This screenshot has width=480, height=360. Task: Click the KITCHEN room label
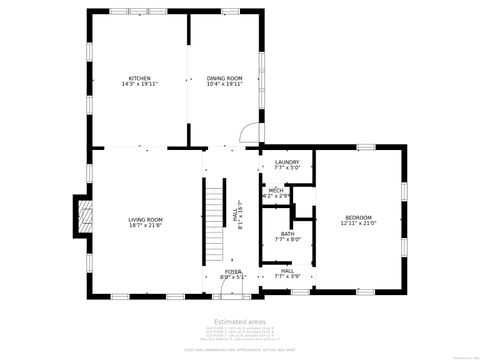pyautogui.click(x=139, y=78)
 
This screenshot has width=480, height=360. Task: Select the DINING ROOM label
pyautogui.click(x=224, y=78)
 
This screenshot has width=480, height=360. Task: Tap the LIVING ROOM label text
pyautogui.click(x=145, y=219)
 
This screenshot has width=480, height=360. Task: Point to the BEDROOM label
pyautogui.click(x=358, y=218)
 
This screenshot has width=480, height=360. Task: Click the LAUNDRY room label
pyautogui.click(x=287, y=161)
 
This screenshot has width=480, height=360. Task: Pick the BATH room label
pyautogui.click(x=287, y=234)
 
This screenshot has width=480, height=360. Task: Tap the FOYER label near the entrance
pyautogui.click(x=232, y=271)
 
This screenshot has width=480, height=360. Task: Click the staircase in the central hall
pyautogui.click(x=213, y=219)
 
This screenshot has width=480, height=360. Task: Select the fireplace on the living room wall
pyautogui.click(x=84, y=213)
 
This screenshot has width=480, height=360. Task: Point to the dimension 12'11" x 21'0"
pyautogui.click(x=358, y=224)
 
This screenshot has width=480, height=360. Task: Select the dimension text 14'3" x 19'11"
pyautogui.click(x=139, y=84)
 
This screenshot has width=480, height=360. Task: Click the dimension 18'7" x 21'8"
pyautogui.click(x=145, y=225)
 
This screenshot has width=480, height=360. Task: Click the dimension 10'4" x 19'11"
pyautogui.click(x=224, y=84)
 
